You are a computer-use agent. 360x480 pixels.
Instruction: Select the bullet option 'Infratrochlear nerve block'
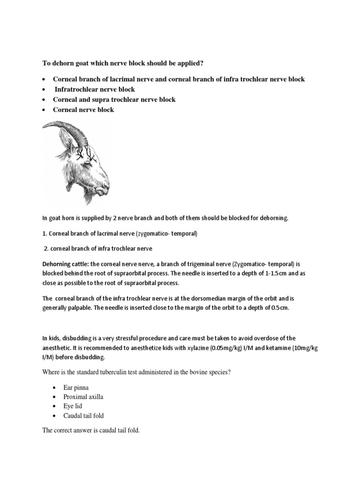(95, 89)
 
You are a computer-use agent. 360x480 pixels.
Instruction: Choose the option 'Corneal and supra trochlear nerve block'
(114, 99)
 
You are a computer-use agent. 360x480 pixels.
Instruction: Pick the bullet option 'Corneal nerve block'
(83, 110)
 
